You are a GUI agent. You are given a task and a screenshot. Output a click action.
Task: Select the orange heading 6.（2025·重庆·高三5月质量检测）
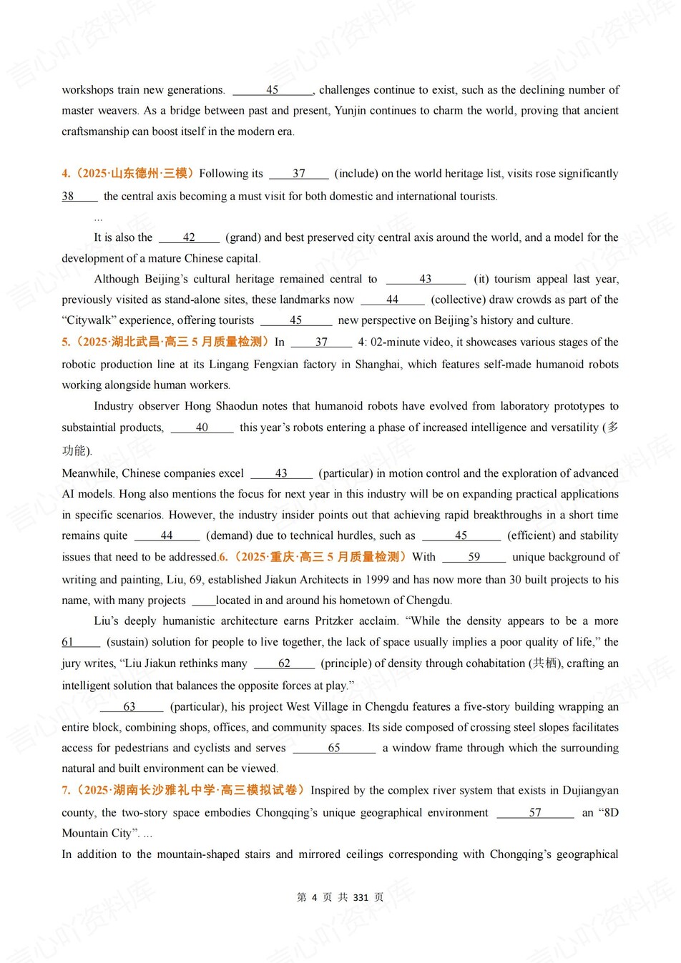click(313, 556)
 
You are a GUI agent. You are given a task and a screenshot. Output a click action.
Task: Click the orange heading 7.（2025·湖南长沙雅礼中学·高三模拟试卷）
click(184, 790)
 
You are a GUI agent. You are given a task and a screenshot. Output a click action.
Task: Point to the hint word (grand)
click(243, 237)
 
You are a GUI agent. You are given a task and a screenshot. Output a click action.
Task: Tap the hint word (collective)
click(458, 300)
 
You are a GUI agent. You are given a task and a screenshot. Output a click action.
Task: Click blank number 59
click(474, 556)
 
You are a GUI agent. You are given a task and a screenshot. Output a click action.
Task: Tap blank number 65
click(334, 748)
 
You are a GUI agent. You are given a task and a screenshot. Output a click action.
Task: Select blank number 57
click(535, 812)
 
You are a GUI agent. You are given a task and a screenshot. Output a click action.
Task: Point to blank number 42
click(189, 237)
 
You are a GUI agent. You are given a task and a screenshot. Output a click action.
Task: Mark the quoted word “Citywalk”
click(89, 320)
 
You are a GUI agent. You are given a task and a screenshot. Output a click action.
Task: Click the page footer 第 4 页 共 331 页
click(340, 897)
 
